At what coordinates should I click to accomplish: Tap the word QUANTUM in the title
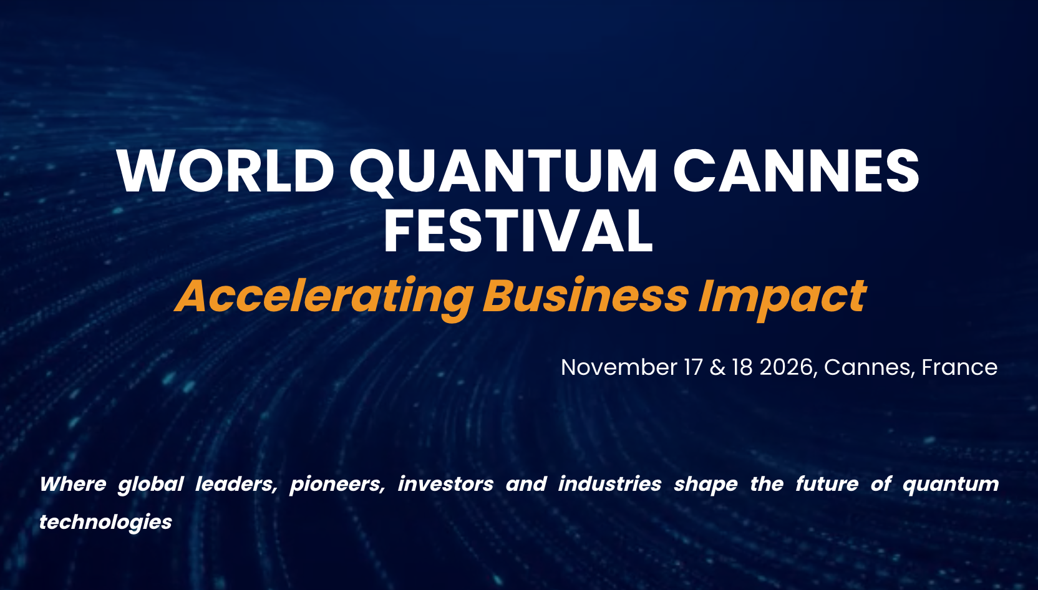(x=503, y=172)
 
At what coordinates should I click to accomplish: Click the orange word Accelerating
(x=324, y=297)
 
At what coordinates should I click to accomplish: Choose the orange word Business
(x=585, y=296)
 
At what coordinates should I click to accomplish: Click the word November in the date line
(x=619, y=367)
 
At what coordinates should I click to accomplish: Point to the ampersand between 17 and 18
(x=718, y=367)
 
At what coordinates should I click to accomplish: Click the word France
(x=959, y=367)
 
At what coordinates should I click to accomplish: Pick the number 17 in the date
(x=694, y=367)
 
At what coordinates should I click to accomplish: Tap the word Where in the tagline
(x=73, y=484)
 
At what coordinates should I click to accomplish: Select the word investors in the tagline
(x=446, y=485)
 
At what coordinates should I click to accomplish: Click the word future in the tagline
(x=827, y=485)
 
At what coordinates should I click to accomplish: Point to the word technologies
(x=105, y=523)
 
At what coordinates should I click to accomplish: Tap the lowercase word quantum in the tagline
(x=951, y=485)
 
